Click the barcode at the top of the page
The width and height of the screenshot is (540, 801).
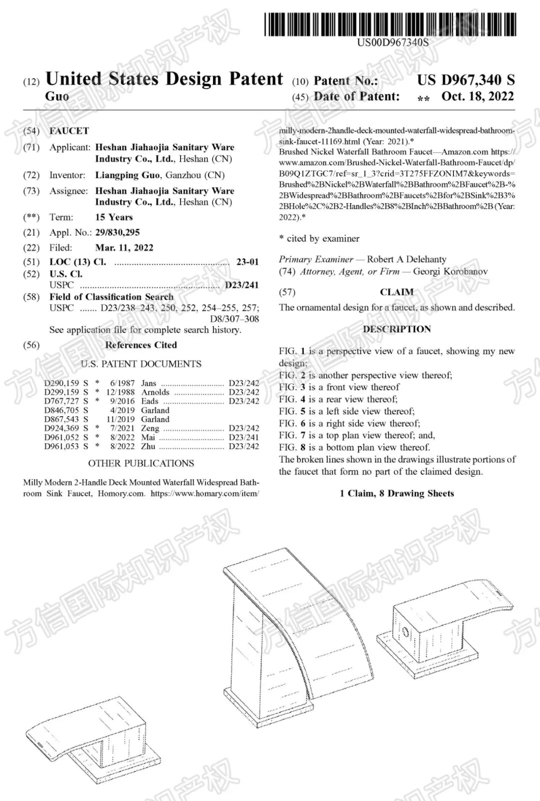[x=390, y=24]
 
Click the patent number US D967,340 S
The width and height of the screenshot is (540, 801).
[x=465, y=80]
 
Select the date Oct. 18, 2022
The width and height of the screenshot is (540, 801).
[x=477, y=97]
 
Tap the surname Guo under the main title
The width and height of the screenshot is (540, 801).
[x=57, y=97]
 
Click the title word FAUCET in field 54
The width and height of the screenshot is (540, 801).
[x=69, y=131]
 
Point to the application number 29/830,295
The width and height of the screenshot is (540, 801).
[x=117, y=233]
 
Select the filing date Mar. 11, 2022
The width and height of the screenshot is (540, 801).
[x=124, y=248]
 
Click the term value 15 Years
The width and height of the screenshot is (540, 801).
[x=114, y=218]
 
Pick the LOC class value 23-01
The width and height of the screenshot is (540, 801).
[x=247, y=262]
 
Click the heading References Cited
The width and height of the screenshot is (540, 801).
[x=141, y=345]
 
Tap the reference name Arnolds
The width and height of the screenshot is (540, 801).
[x=155, y=392]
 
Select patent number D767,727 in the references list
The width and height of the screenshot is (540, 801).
[x=61, y=401]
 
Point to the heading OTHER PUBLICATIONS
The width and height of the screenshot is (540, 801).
[x=141, y=464]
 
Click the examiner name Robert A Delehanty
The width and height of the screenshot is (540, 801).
[x=406, y=259]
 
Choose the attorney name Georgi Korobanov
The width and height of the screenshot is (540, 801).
[x=450, y=272]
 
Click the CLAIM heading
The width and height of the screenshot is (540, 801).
[x=396, y=292]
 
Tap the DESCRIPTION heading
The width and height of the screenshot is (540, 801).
[x=396, y=329]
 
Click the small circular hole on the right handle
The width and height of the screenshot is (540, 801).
[x=405, y=632]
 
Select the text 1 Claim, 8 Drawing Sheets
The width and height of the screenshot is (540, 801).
[x=396, y=494]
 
